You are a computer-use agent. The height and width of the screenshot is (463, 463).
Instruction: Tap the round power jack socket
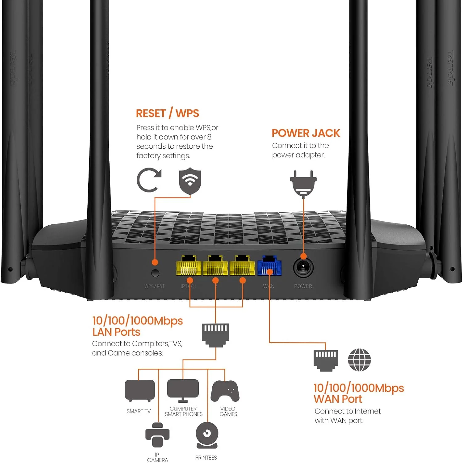tap(303, 268)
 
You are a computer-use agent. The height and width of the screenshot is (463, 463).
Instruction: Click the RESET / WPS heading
tap(167, 113)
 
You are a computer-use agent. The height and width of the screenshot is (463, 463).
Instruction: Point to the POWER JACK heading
tap(306, 133)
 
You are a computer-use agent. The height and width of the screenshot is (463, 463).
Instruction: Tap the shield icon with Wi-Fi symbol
tap(190, 181)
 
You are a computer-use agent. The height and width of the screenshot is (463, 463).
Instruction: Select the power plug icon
tap(303, 183)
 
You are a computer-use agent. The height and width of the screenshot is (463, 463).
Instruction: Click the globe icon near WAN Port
tap(359, 360)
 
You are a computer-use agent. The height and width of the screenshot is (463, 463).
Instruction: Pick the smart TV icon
tap(140, 391)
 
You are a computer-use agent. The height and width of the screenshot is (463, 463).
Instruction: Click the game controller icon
tap(225, 391)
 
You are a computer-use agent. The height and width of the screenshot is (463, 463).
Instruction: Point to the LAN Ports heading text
tap(116, 332)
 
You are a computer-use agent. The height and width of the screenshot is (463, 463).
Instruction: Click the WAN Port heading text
tap(338, 399)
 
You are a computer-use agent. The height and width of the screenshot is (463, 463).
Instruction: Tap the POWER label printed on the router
tap(303, 286)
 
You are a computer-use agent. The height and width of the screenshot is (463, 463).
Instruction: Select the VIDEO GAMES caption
tap(228, 411)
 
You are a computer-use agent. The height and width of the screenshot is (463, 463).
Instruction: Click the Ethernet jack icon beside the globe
tap(326, 360)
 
